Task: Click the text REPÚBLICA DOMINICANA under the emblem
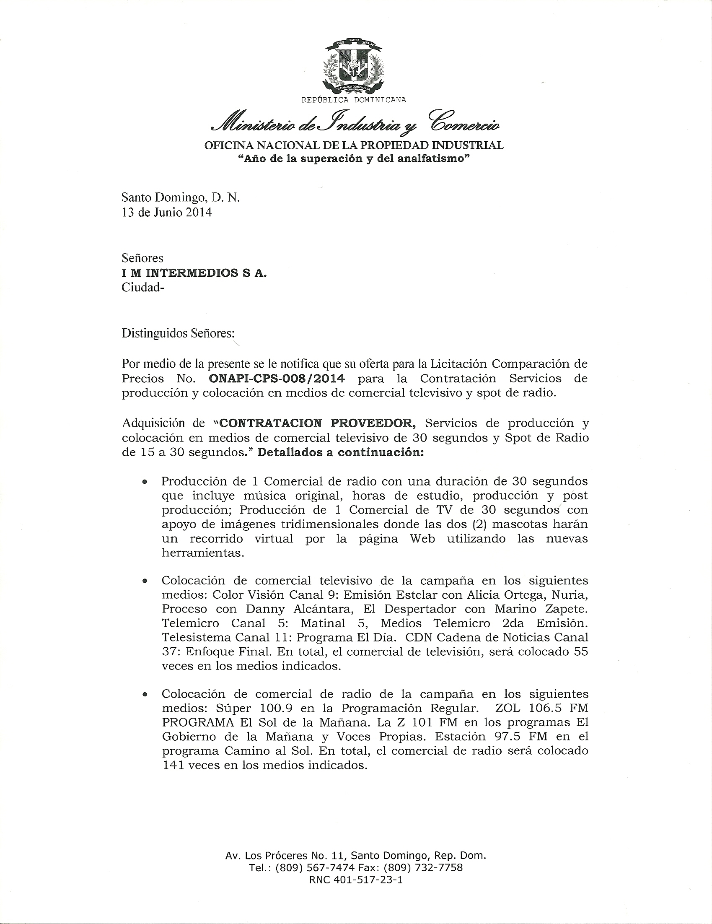pyautogui.click(x=353, y=100)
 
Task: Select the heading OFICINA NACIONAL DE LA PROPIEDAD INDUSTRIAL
pyautogui.click(x=354, y=145)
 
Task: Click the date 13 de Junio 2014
pyautogui.click(x=167, y=212)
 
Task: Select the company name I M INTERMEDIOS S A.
pyautogui.click(x=194, y=273)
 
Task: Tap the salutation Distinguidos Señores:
pyautogui.click(x=178, y=333)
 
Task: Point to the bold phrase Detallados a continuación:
pyautogui.click(x=340, y=452)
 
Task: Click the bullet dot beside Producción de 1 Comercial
pyautogui.click(x=145, y=481)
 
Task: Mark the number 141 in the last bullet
pyautogui.click(x=173, y=766)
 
